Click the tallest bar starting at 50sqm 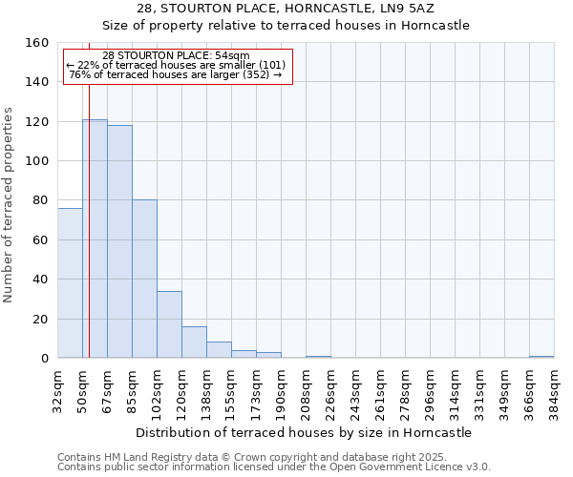[95, 238]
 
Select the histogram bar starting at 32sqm [70, 283]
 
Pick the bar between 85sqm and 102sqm [144, 279]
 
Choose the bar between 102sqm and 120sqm [169, 324]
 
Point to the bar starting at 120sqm [194, 342]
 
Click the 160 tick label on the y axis [37, 43]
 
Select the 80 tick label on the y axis [41, 200]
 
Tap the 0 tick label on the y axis [45, 359]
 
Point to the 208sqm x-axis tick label [307, 388]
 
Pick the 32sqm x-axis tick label [58, 388]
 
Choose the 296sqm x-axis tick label [431, 388]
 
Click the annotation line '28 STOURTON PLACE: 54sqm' [176, 55]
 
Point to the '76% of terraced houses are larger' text [176, 74]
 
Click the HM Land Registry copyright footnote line [252, 457]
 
